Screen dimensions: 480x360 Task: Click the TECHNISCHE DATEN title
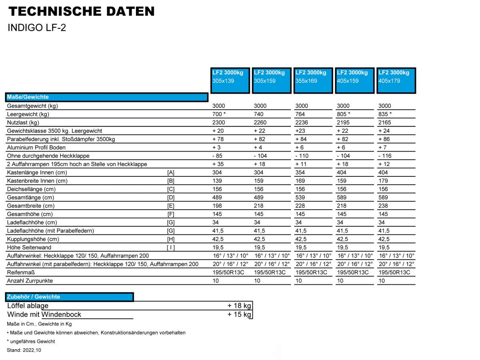pyautogui.click(x=81, y=11)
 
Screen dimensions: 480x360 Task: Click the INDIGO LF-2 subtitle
pyautogui.click(x=37, y=28)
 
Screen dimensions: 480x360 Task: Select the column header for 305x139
pyautogui.click(x=230, y=80)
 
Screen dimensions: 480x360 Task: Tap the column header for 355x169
pyautogui.click(x=313, y=80)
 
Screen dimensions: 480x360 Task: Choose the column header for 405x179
pyautogui.click(x=396, y=80)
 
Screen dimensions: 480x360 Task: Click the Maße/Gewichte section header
pyautogui.click(x=107, y=97)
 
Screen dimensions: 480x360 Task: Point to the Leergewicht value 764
pyautogui.click(x=300, y=114)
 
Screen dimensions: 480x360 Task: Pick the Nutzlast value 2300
pyautogui.click(x=218, y=122)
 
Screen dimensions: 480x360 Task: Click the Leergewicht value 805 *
pyautogui.click(x=343, y=114)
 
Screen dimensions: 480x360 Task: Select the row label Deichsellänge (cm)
pyautogui.click(x=31, y=189)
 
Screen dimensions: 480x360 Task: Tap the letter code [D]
pyautogui.click(x=171, y=197)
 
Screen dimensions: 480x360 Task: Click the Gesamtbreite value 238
pyautogui.click(x=383, y=206)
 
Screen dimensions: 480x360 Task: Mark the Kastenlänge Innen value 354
pyautogui.click(x=300, y=172)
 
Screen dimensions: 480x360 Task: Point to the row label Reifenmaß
pyautogui.click(x=21, y=272)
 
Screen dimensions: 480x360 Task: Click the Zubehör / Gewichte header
pyautogui.click(x=70, y=297)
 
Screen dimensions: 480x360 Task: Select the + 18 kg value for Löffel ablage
pyautogui.click(x=239, y=306)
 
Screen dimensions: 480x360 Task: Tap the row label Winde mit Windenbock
pyautogui.click(x=44, y=314)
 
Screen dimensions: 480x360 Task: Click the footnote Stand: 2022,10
pyautogui.click(x=24, y=350)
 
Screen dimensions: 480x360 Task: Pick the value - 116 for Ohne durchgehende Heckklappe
pyautogui.click(x=385, y=156)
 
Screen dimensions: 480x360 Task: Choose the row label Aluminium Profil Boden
pyautogui.click(x=36, y=148)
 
